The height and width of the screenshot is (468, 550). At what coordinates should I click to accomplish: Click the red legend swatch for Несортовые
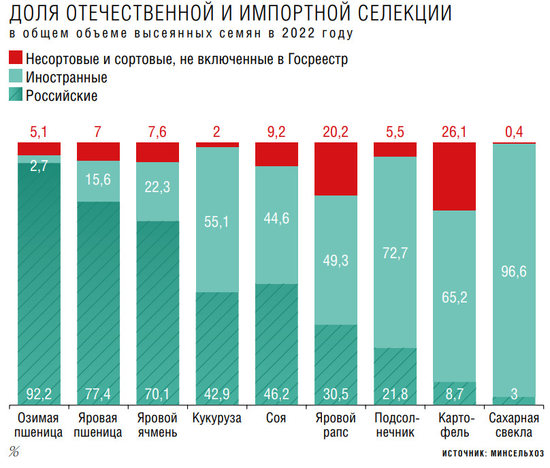16,58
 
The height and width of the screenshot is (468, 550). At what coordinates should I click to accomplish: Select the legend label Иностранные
66,78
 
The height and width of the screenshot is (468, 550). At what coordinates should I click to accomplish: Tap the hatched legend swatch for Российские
16,95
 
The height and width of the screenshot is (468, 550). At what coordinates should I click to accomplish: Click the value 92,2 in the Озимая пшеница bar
39,393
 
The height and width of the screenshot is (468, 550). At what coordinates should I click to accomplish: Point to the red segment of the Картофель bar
455,176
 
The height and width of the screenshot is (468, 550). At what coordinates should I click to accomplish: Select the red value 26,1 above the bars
455,131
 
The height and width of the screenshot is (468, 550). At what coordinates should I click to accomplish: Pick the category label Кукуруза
217,418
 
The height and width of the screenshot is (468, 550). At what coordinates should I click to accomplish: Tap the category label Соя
276,418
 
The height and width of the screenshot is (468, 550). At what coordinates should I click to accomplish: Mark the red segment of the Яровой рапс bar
336,168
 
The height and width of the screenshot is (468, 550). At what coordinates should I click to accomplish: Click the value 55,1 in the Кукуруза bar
217,221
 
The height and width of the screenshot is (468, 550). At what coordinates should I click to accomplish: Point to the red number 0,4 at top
515,131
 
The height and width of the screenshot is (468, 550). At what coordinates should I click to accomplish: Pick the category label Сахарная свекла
515,425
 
